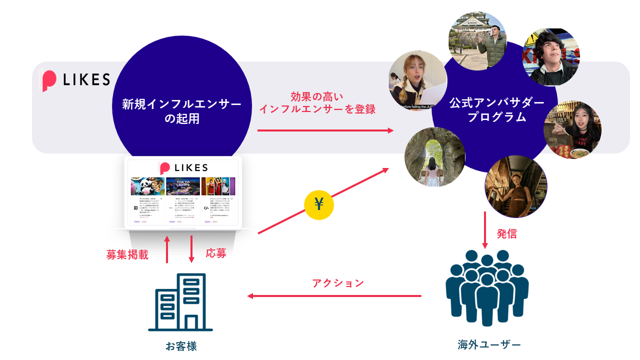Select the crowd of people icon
pyautogui.click(x=486, y=287)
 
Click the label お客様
pyautogui.click(x=181, y=345)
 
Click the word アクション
pyautogui.click(x=338, y=283)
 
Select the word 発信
pyautogui.click(x=506, y=233)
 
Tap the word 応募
pyautogui.click(x=216, y=253)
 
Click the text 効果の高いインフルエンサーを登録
pyautogui.click(x=317, y=103)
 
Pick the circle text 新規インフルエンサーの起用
pyautogui.click(x=181, y=111)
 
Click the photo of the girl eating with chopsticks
pyautogui.click(x=572, y=130)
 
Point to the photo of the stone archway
pyautogui.click(x=434, y=157)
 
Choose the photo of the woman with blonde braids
pyautogui.click(x=418, y=80)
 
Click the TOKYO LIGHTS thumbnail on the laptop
pyautogui.click(x=183, y=186)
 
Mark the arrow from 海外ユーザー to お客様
pyautogui.click(x=334, y=296)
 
